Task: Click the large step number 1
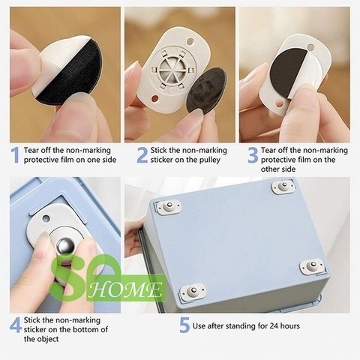coord(15,155)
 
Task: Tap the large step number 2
coord(142,155)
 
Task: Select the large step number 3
coord(253,155)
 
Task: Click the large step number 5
coord(183,326)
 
